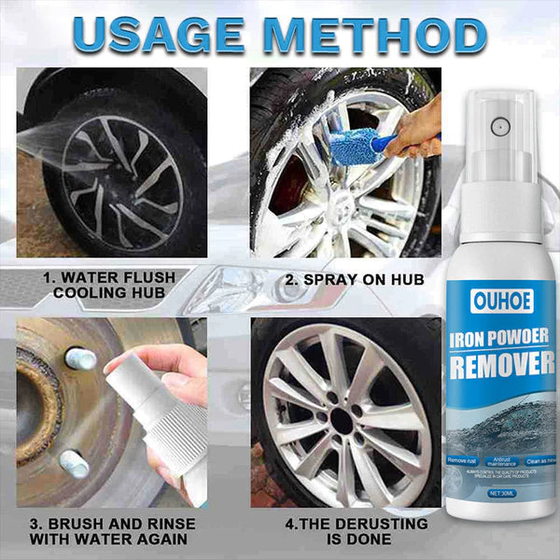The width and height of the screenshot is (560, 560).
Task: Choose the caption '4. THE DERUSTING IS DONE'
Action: [346, 531]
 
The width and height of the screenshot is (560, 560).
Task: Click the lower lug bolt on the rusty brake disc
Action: [74, 462]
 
